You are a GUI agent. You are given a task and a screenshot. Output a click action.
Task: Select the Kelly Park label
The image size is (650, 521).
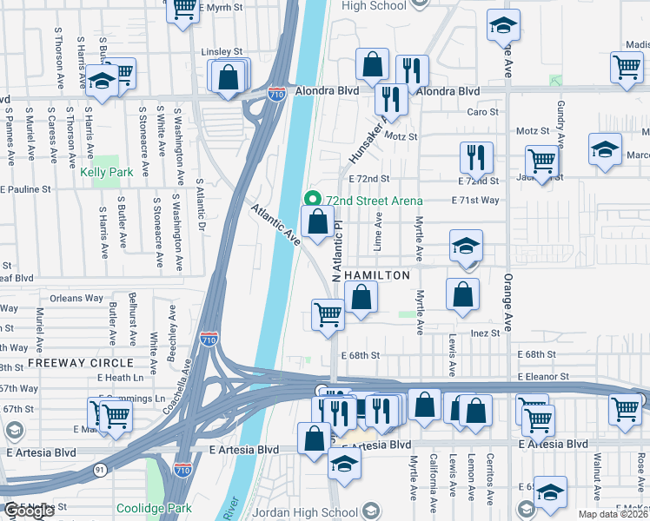coord(107,172)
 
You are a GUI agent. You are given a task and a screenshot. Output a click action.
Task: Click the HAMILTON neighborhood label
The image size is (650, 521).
coord(377,275)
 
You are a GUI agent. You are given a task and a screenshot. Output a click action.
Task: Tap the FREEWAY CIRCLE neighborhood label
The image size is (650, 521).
coord(81,362)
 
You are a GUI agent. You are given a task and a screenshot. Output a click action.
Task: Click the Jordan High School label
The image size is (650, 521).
coord(314,511)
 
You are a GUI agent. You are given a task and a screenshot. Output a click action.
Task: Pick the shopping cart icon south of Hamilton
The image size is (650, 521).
coord(328,313)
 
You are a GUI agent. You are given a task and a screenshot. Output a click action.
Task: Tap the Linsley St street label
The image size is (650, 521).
coord(222,52)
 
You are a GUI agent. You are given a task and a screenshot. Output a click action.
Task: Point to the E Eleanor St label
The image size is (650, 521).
coord(543,377)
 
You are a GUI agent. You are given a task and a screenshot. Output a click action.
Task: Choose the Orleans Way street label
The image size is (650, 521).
coord(76,298)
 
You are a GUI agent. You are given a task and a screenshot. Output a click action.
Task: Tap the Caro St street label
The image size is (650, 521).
coord(482,112)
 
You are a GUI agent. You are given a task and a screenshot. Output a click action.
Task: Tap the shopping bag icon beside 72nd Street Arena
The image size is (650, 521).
coord(318,221)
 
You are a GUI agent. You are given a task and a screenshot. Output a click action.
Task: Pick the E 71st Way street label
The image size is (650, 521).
coord(475,200)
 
